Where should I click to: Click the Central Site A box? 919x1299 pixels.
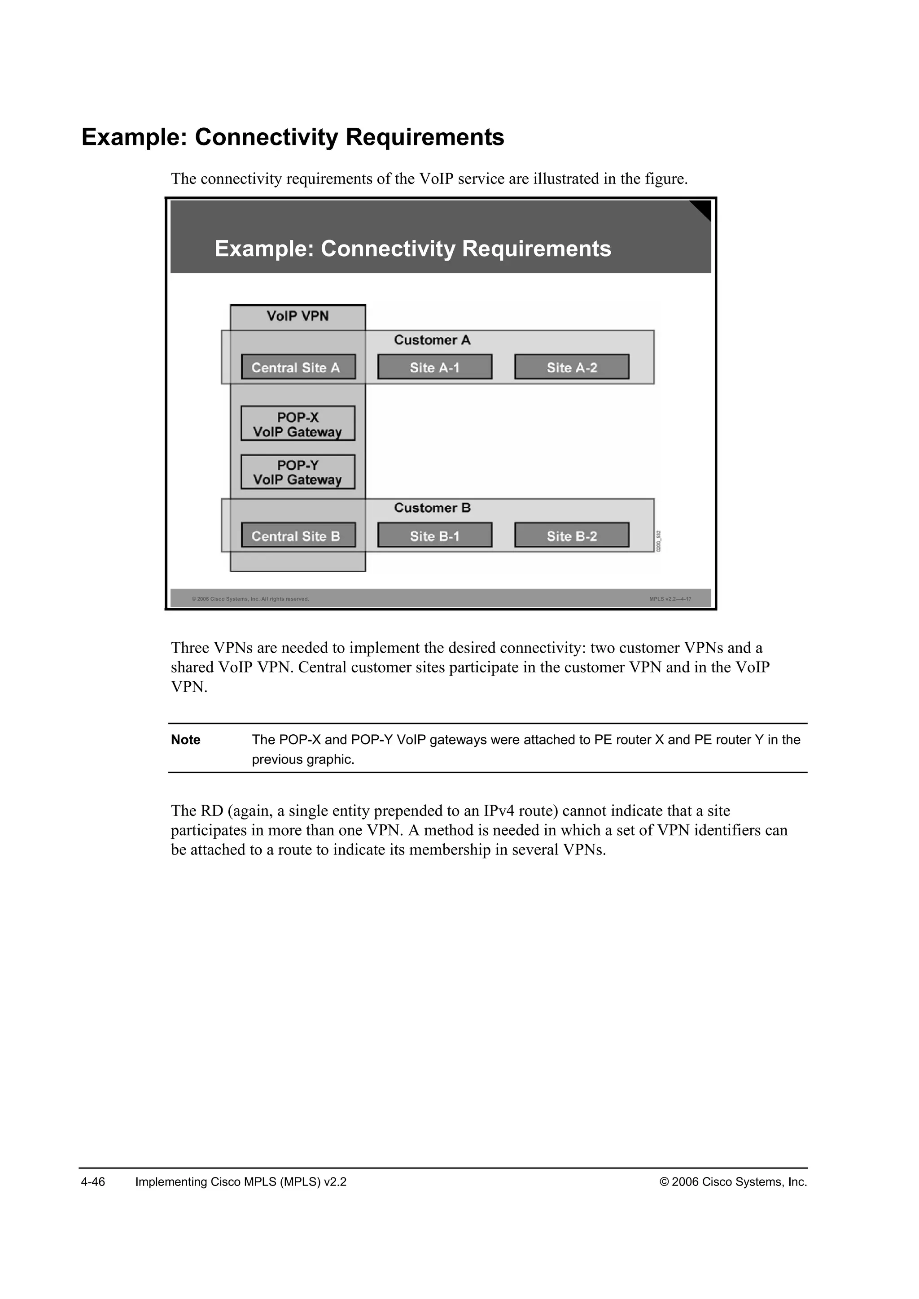pyautogui.click(x=298, y=367)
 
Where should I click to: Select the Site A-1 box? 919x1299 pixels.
pyautogui.click(x=435, y=367)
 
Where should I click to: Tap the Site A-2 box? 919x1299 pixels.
pyautogui.click(x=572, y=367)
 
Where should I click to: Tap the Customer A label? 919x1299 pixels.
pyautogui.click(x=432, y=340)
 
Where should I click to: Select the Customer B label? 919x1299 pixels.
pyautogui.click(x=432, y=508)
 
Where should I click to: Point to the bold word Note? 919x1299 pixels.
pyautogui.click(x=186, y=740)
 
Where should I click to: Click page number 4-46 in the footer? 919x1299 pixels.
pyautogui.click(x=93, y=1182)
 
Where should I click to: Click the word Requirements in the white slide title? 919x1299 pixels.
pyautogui.click(x=537, y=249)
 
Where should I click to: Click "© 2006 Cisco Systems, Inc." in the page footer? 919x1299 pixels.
pyautogui.click(x=733, y=1182)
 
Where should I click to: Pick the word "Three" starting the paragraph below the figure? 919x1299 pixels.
pyautogui.click(x=190, y=648)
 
